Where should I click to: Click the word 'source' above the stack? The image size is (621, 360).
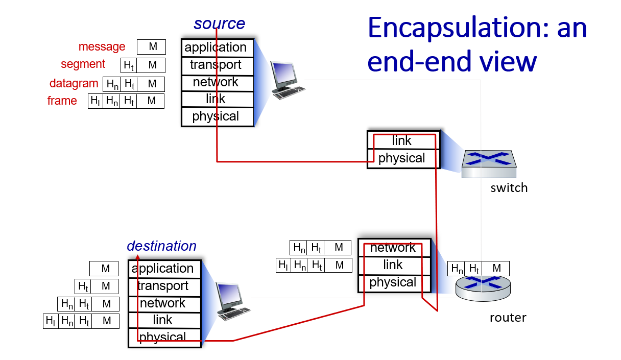click(219, 23)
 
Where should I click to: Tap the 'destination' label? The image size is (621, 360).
click(161, 246)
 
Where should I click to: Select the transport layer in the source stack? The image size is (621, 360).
click(216, 65)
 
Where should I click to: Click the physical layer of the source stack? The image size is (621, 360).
click(216, 116)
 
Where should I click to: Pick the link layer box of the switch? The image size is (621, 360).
click(402, 140)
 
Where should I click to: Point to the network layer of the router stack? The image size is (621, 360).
click(393, 248)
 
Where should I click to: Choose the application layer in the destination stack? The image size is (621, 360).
click(163, 269)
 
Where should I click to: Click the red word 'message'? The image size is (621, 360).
click(102, 47)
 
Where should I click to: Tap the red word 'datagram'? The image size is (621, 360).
click(74, 83)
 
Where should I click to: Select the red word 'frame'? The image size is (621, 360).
click(62, 101)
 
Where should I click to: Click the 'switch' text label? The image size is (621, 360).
click(509, 188)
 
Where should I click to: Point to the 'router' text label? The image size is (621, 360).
click(508, 318)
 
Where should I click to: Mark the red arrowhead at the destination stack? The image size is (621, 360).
click(137, 258)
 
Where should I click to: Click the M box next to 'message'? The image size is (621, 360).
click(152, 47)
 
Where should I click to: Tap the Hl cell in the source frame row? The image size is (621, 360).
click(95, 101)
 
